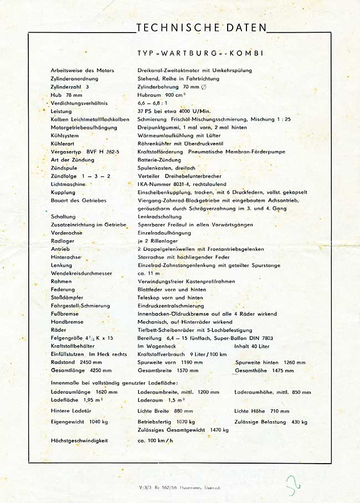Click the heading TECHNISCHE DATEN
coord(200,28)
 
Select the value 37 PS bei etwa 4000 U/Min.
coord(174,111)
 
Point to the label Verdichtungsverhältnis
coord(79,103)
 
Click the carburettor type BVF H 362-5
coord(90,151)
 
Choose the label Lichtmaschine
coord(68,183)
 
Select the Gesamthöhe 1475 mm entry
coord(265,371)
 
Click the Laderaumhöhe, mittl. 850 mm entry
coord(272,392)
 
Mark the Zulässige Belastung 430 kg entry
coord(270,422)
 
